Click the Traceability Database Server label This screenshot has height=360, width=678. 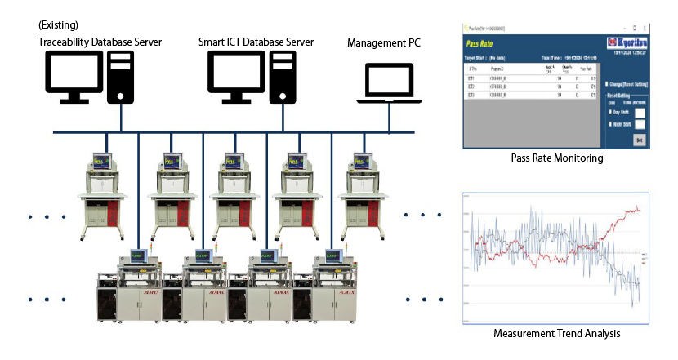pyautogui.click(x=100, y=41)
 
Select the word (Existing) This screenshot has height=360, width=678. pyautogui.click(x=58, y=25)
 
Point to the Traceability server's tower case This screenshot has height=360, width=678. pyautogui.click(x=120, y=77)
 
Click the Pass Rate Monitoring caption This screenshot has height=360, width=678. pyautogui.click(x=556, y=158)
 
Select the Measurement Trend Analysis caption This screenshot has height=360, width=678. pyautogui.click(x=555, y=333)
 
